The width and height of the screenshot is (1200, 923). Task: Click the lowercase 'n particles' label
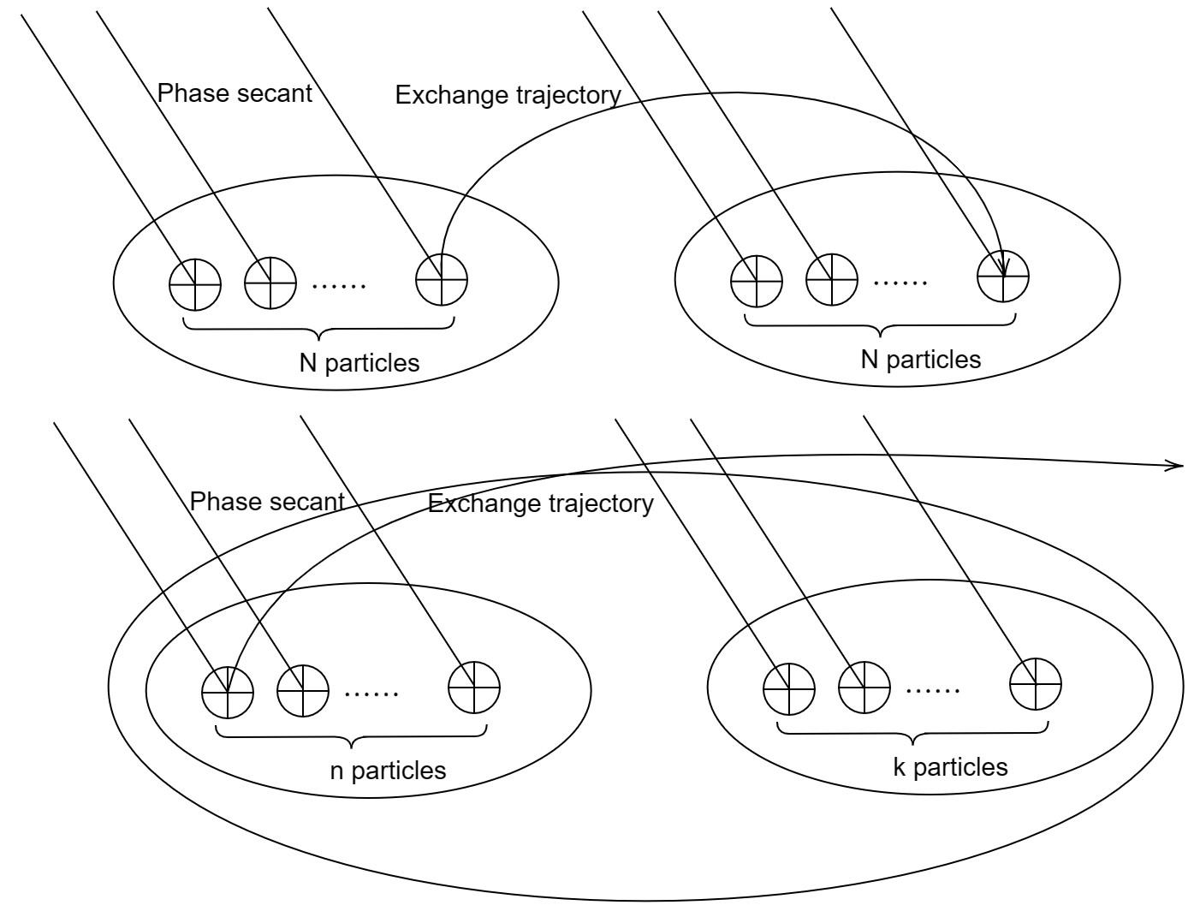point(388,771)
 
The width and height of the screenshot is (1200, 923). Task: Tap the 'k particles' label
point(950,766)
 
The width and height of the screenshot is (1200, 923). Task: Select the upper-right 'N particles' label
point(920,359)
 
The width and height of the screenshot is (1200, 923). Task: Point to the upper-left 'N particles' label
point(359,363)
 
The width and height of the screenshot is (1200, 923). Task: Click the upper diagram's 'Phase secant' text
point(235,93)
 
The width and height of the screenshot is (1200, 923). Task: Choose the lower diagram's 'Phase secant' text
point(267,502)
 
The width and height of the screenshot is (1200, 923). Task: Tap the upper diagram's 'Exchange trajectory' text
point(508,95)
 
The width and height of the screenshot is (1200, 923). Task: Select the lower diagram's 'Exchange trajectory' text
point(540,503)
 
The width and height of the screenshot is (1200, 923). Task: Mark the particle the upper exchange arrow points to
point(1003,277)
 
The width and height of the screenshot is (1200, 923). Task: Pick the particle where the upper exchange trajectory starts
point(442,279)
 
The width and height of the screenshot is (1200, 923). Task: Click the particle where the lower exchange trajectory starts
point(228,691)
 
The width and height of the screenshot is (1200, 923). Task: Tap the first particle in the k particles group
point(789,688)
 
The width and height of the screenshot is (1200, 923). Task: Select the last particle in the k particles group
point(1036,685)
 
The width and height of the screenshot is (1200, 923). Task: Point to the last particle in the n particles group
point(474,688)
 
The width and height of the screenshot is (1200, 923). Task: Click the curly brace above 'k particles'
point(912,734)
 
